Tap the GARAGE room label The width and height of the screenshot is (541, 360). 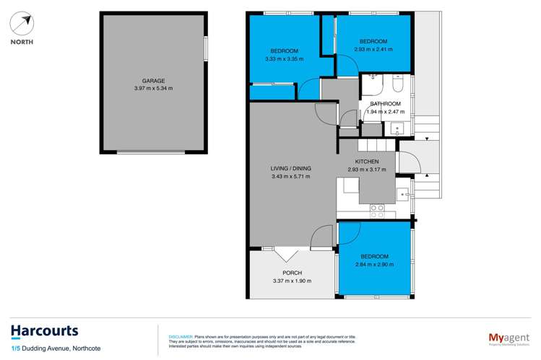[153, 81]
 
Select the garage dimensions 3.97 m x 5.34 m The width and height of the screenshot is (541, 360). [153, 89]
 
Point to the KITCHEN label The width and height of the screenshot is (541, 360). [367, 162]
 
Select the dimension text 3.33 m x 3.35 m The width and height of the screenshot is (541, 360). [284, 59]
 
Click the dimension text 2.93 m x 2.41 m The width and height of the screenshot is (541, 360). [373, 49]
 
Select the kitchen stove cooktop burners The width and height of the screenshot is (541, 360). [377, 211]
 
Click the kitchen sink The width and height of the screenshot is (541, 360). [402, 193]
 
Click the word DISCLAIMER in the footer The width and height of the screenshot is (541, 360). [180, 336]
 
